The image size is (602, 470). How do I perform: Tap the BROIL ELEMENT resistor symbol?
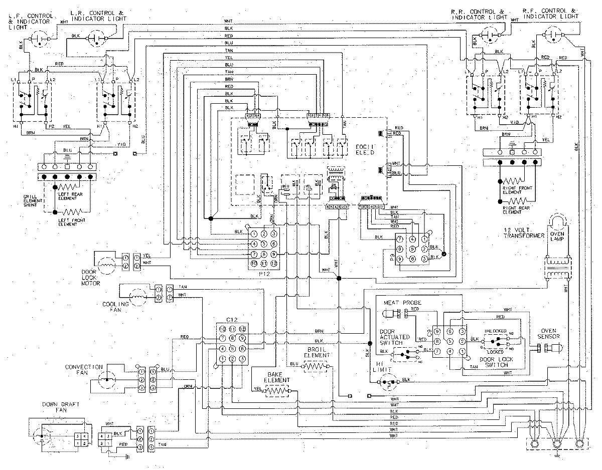point(316,366)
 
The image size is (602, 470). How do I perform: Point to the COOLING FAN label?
point(115,307)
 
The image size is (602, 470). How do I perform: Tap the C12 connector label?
point(231,320)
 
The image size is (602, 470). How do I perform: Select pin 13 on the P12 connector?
point(273,263)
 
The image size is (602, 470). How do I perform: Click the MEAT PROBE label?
point(402,303)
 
